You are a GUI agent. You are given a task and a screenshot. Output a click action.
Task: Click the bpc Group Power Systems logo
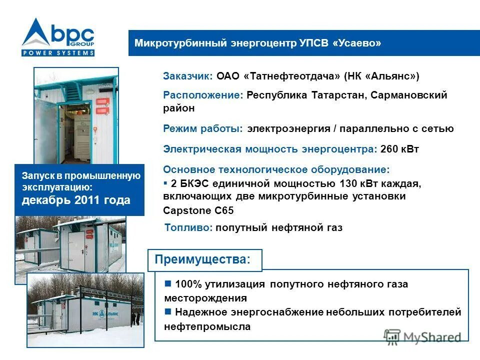(58, 37)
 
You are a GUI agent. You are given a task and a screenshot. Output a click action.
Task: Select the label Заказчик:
(188, 76)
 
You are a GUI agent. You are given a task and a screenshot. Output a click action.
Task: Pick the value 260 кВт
(399, 149)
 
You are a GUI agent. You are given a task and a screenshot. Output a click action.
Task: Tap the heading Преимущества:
(201, 260)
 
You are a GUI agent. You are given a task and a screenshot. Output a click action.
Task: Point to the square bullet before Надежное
(168, 312)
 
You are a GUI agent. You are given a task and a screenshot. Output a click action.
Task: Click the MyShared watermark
(422, 337)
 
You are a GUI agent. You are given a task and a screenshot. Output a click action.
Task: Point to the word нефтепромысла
(207, 327)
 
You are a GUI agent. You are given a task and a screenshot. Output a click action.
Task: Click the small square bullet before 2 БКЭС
(165, 182)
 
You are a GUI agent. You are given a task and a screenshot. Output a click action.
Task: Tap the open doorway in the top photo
(78, 130)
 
